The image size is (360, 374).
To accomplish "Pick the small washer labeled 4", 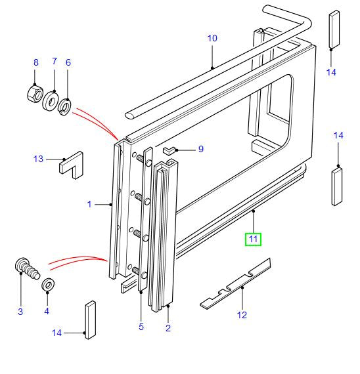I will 47,286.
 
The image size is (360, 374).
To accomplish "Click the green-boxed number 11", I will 253,239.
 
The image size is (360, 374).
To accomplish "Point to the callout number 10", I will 212,38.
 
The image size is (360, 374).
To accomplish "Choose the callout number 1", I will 89,205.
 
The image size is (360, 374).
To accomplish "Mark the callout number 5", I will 141,327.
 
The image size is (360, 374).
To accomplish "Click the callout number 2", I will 168,328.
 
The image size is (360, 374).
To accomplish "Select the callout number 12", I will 242,315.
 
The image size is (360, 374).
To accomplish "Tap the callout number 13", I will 38,159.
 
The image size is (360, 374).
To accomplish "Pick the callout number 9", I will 200,149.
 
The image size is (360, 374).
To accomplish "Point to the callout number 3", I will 20,311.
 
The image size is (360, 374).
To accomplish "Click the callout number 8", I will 37,62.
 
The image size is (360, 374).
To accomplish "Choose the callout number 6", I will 68,62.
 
